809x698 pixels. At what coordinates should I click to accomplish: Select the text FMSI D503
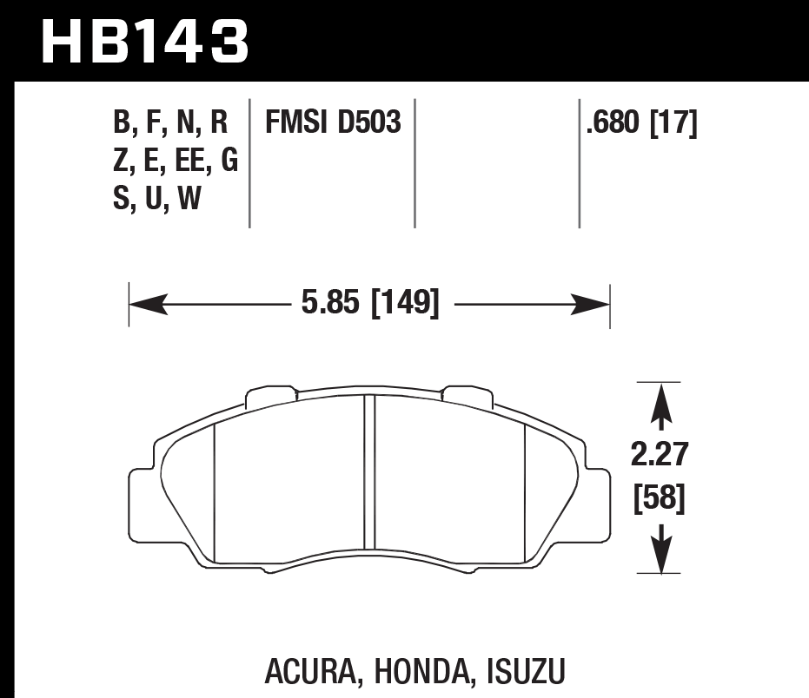pyautogui.click(x=333, y=123)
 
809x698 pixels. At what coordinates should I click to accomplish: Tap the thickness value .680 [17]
pyautogui.click(x=642, y=123)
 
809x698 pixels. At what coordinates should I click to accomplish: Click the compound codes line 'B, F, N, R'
pyautogui.click(x=170, y=123)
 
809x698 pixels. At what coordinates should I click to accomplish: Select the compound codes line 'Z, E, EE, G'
pyautogui.click(x=176, y=161)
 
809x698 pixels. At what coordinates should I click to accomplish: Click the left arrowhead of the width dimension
pyautogui.click(x=146, y=305)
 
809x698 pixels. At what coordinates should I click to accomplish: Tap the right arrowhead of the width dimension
pyautogui.click(x=593, y=305)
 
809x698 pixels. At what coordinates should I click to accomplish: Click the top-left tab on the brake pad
pyautogui.click(x=271, y=395)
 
